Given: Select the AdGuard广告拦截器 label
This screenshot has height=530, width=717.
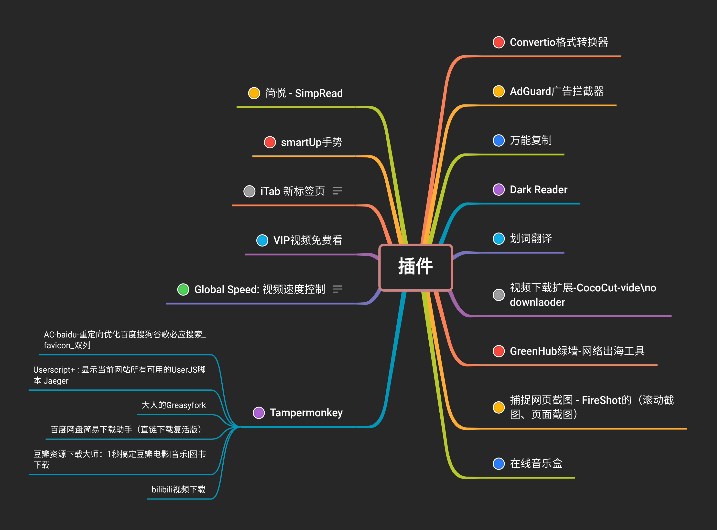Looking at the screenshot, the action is coord(557,92).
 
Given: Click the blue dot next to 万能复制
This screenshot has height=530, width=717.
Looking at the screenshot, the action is coord(499,141).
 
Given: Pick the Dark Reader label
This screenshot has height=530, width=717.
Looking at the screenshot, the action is coord(539,190).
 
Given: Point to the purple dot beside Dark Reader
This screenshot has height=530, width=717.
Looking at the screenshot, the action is coord(499,190).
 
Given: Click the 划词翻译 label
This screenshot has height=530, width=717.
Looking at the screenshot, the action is coord(531,238).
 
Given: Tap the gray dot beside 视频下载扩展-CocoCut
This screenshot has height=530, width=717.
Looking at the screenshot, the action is coord(499,295).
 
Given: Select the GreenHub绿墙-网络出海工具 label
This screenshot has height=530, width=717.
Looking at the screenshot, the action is coord(577,351).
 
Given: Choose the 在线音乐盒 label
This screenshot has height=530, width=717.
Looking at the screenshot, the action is coord(536,464).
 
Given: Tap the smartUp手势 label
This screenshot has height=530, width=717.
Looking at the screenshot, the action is coord(312,142).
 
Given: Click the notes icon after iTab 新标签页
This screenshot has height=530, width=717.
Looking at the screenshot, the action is coord(337,191).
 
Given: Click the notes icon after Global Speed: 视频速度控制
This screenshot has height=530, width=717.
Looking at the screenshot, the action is coord(337,289).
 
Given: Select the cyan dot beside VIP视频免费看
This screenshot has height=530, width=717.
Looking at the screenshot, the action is coord(262,240).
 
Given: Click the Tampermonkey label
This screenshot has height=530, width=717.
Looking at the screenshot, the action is coord(306,413).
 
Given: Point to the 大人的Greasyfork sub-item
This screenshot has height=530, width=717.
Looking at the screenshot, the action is coord(174,405).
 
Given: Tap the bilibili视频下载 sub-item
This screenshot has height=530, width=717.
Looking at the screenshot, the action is coord(178,489).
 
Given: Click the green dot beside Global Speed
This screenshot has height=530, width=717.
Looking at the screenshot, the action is coord(183,289).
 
